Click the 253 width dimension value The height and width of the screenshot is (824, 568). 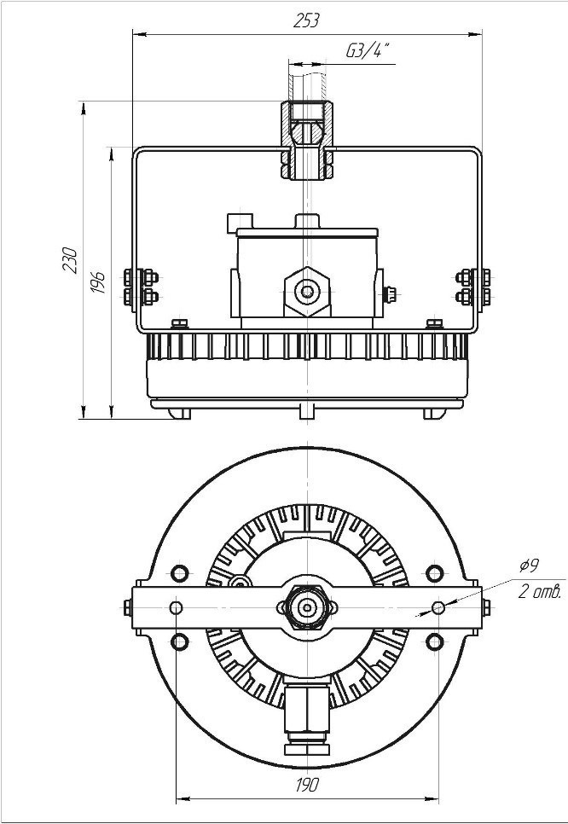click(x=306, y=20)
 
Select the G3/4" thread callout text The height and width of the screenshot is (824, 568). click(x=368, y=50)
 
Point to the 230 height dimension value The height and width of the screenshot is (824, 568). click(x=71, y=259)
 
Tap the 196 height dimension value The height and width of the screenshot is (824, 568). click(x=98, y=282)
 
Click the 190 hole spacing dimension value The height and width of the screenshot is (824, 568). click(x=307, y=785)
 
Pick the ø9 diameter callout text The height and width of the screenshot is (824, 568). click(x=529, y=566)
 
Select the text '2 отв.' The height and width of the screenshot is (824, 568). click(x=540, y=592)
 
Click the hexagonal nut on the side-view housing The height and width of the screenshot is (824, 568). click(x=307, y=291)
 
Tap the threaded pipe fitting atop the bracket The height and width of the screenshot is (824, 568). click(x=307, y=140)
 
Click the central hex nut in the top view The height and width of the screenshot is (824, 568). click(x=307, y=607)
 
